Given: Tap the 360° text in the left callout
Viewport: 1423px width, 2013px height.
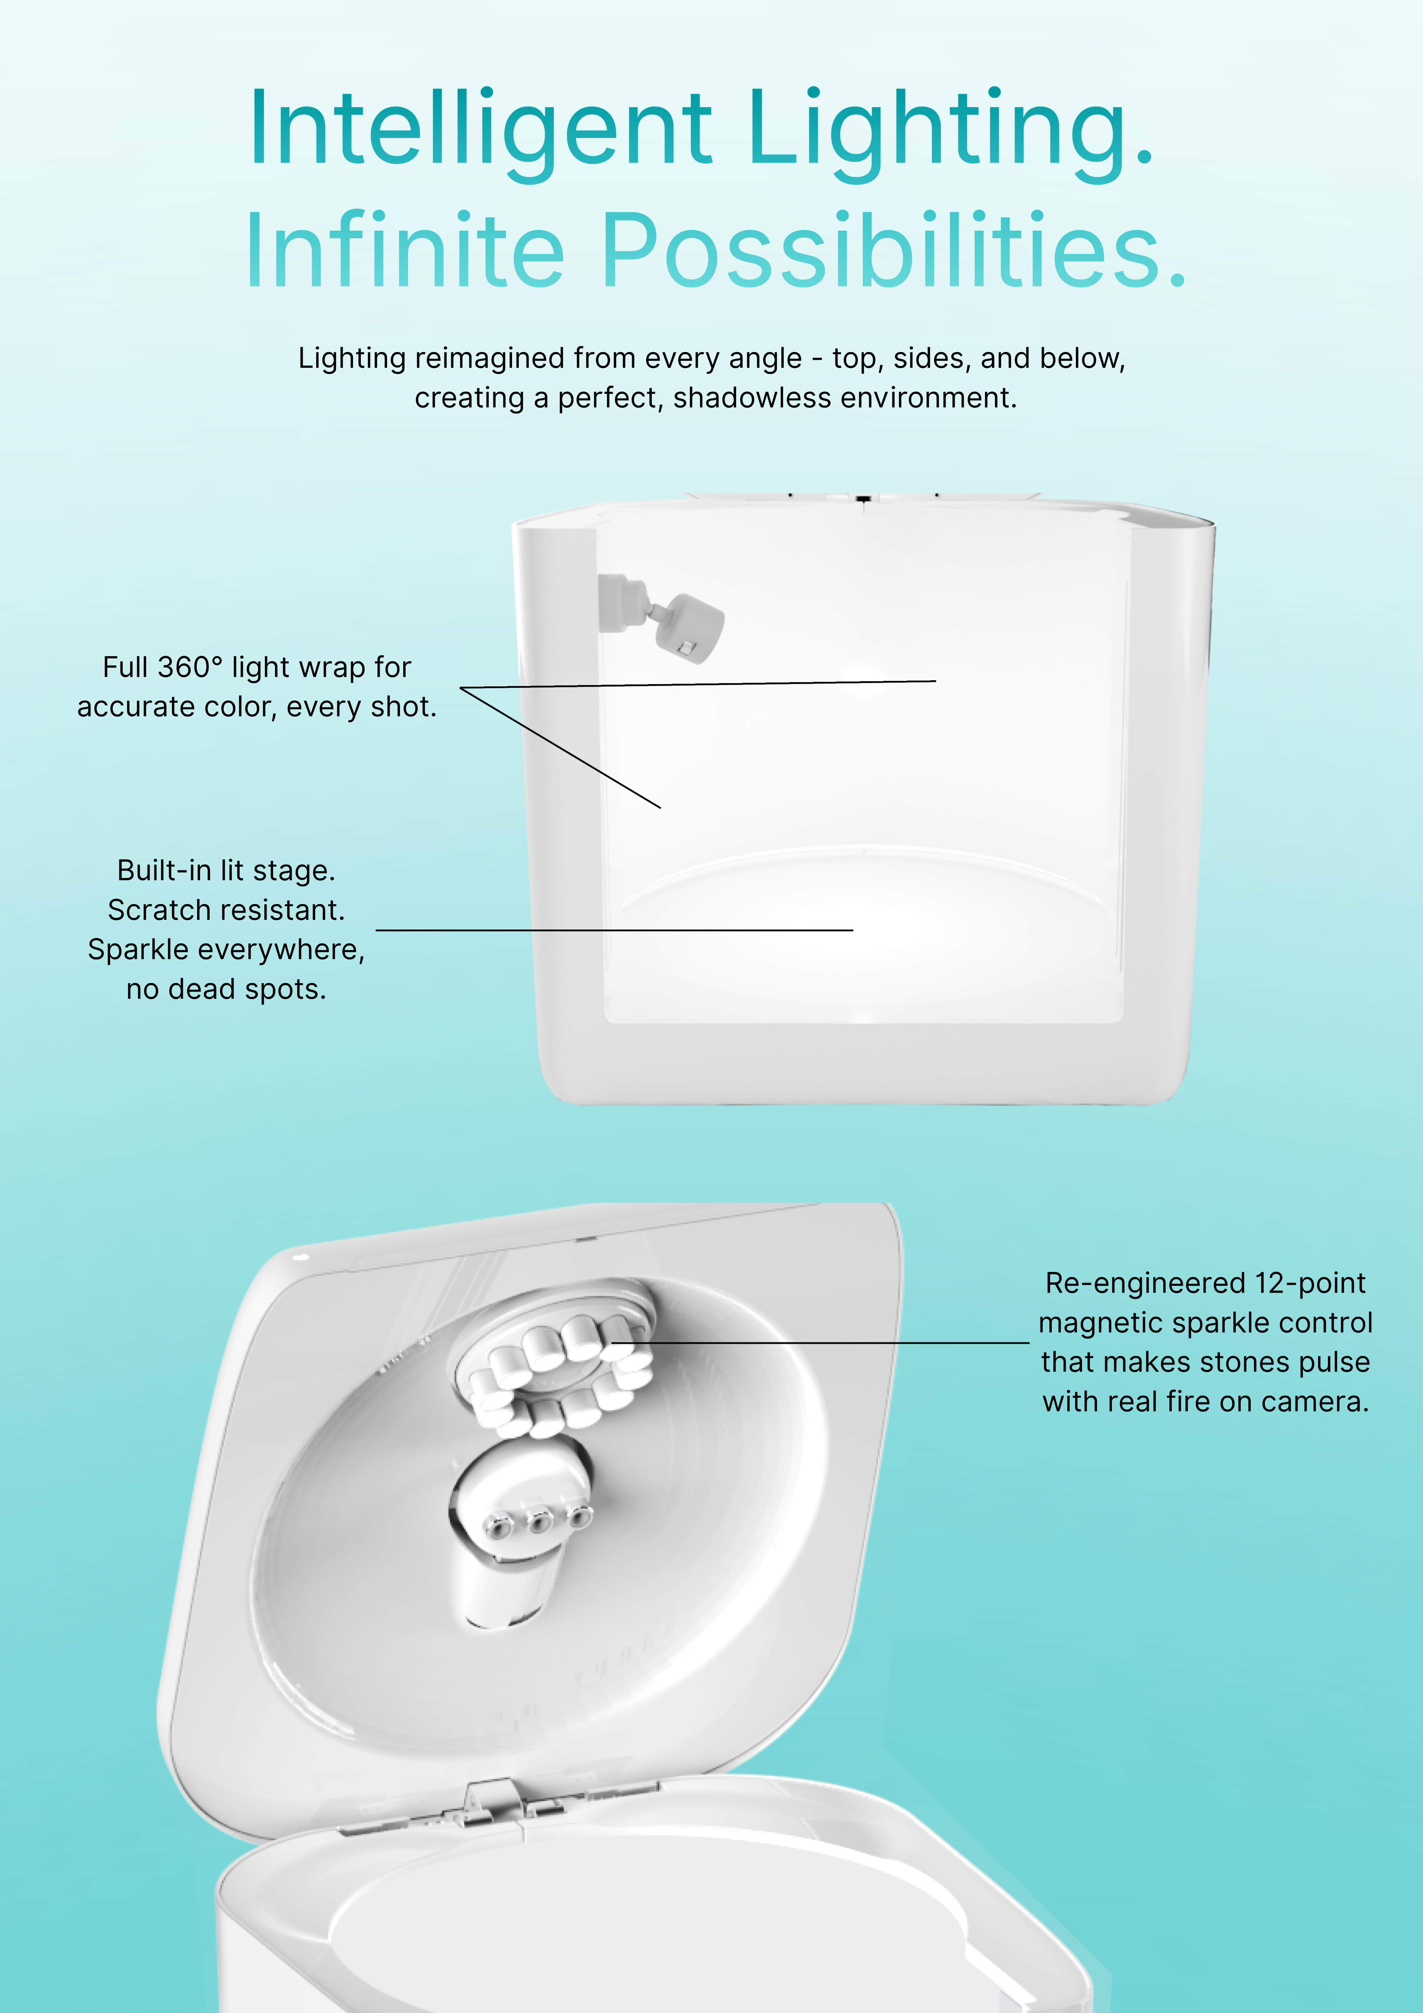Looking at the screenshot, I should coord(191,667).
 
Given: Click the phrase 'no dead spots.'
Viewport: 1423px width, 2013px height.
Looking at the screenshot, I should coord(226,989).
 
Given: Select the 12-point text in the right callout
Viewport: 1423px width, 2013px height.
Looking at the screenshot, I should coord(1310,1283).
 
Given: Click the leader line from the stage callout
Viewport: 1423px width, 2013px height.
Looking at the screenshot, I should coord(614,929).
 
